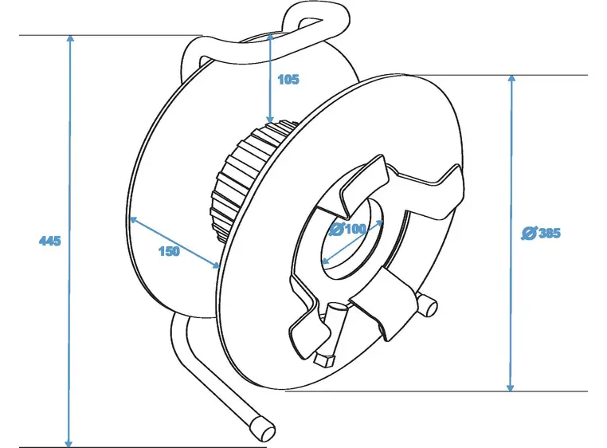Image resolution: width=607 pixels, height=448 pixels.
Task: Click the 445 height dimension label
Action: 49,241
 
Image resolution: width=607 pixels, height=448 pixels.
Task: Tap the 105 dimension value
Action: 288,79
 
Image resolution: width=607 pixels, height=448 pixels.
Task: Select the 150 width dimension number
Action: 169,252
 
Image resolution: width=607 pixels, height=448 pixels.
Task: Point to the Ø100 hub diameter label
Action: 347,229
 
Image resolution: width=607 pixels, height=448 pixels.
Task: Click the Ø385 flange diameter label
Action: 541,233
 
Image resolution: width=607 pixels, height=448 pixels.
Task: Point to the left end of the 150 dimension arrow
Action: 132,218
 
